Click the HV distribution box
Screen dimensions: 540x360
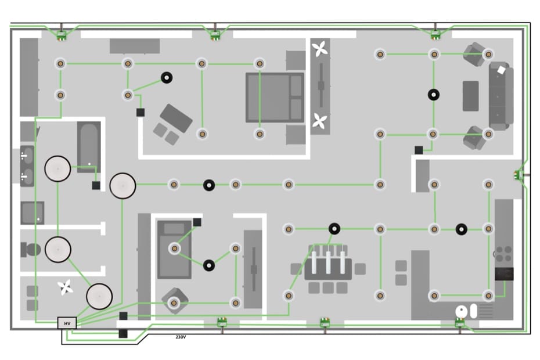click(x=67, y=323)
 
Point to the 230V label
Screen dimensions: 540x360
click(x=181, y=337)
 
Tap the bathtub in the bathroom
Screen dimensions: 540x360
click(x=89, y=147)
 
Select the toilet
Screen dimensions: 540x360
click(x=31, y=250)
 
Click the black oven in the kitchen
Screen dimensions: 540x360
click(x=504, y=274)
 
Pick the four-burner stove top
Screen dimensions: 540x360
click(x=504, y=254)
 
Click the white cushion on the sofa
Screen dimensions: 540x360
click(x=502, y=70)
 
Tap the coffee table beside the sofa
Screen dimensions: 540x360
click(x=470, y=96)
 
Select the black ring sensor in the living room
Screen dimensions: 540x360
click(x=434, y=95)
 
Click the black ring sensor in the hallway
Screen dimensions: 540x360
click(x=209, y=185)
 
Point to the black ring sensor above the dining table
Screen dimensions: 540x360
click(x=334, y=228)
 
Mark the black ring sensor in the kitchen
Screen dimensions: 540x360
click(x=462, y=229)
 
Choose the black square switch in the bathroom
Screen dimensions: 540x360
click(x=96, y=185)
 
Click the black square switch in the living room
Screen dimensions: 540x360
click(x=419, y=150)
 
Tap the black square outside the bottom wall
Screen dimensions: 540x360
click(x=123, y=333)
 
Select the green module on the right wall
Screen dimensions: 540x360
click(x=518, y=175)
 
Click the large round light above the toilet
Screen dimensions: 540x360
click(x=58, y=250)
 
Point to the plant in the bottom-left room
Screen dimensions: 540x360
click(x=65, y=287)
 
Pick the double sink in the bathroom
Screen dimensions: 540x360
click(x=27, y=166)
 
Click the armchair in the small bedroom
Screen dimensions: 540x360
click(x=175, y=301)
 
